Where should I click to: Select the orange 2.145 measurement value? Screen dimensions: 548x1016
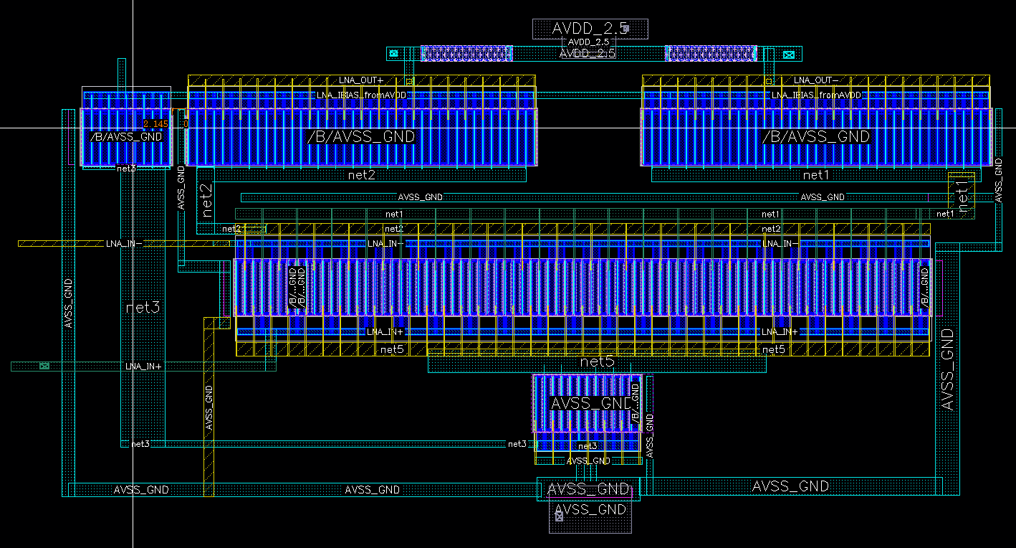tap(155, 124)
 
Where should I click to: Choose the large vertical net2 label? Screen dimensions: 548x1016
tap(207, 200)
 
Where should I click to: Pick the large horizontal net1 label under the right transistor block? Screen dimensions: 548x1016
tap(815, 174)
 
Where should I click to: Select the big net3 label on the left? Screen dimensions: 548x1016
tap(143, 308)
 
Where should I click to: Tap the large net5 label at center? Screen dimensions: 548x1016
tap(597, 363)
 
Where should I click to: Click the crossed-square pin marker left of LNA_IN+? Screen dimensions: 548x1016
tap(44, 366)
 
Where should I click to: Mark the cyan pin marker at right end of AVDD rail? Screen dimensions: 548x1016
tap(789, 54)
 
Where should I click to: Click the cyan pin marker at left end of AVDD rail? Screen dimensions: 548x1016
tap(393, 53)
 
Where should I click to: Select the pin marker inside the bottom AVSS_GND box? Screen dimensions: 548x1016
tap(559, 516)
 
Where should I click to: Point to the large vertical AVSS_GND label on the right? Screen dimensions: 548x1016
tap(947, 369)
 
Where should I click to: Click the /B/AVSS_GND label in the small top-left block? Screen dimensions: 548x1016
tap(126, 136)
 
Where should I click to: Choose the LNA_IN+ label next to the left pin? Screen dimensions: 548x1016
tap(143, 366)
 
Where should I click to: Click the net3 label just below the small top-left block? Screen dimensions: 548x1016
tap(126, 169)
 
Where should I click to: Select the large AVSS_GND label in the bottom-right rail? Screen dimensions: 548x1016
tap(790, 486)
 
